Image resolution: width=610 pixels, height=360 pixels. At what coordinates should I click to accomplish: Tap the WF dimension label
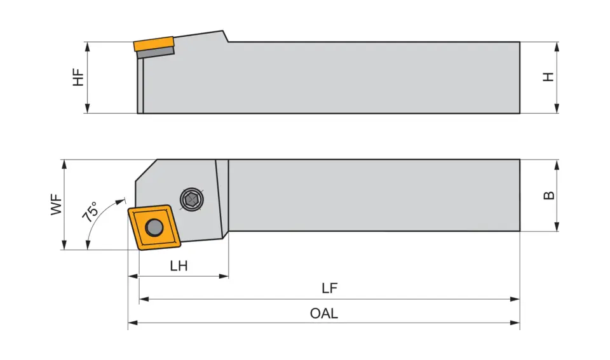tap(57, 205)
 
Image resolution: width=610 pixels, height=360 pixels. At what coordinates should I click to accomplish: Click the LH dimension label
tap(179, 266)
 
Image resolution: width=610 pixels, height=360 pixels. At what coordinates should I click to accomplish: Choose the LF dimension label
tap(329, 288)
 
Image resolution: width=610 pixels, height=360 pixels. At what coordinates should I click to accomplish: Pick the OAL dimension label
tap(324, 313)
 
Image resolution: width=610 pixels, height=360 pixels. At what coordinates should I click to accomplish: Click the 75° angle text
tap(91, 211)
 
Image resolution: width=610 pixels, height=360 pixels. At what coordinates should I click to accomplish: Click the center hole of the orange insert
tap(154, 226)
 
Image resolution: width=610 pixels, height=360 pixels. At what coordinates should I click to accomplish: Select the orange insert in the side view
tap(154, 44)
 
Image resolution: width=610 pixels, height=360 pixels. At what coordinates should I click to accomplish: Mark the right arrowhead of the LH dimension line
tap(224, 276)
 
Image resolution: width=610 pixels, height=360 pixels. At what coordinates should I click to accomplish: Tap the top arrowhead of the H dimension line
tap(557, 45)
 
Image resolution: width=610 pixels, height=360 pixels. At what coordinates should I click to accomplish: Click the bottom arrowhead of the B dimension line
tap(557, 227)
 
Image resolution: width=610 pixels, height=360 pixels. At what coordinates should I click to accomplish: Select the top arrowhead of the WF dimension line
tap(64, 163)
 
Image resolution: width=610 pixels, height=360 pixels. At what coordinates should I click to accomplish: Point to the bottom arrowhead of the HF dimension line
tap(87, 110)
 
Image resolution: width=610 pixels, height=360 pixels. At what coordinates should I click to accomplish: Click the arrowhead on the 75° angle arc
tap(121, 200)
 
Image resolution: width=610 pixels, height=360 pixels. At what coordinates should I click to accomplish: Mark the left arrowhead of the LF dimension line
tap(142, 298)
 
